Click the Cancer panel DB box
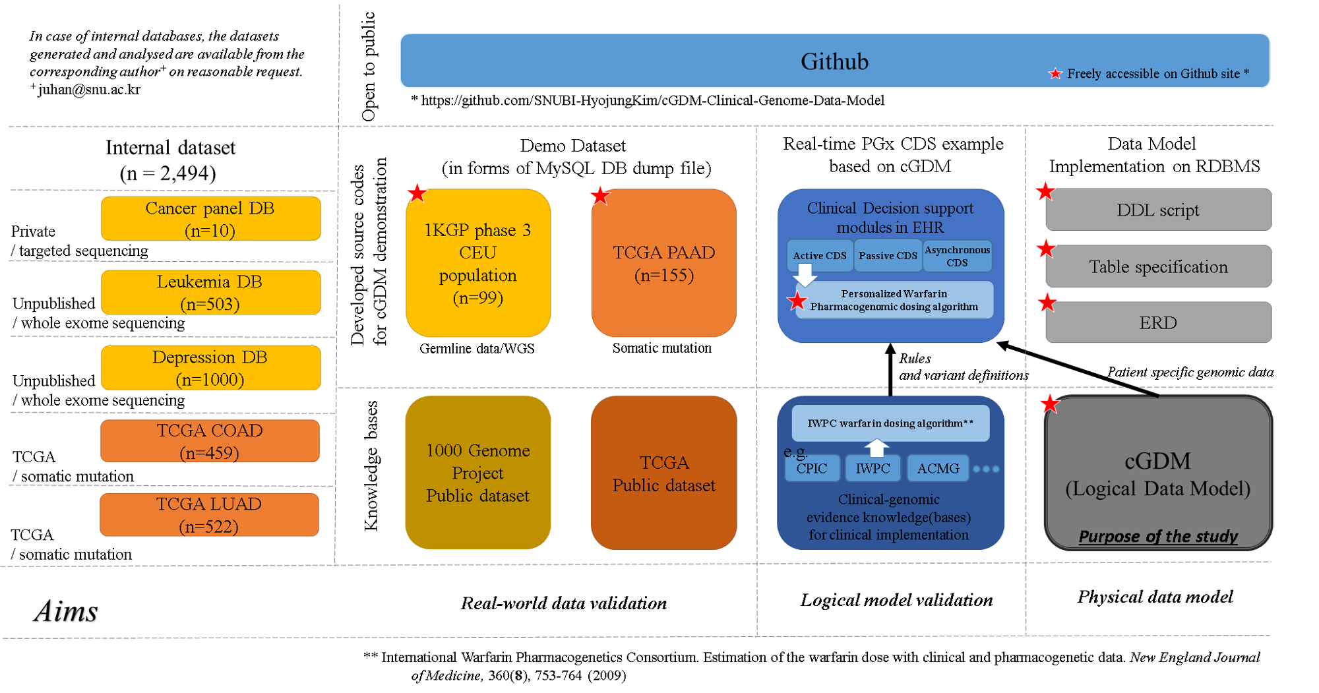click(x=210, y=219)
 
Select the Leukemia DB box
click(x=210, y=293)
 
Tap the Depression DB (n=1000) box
click(x=210, y=368)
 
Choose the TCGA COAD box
click(x=210, y=441)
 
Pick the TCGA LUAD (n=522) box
click(x=209, y=515)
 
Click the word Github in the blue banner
click(x=834, y=61)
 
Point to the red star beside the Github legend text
click(x=1055, y=74)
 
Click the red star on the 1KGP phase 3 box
click(x=417, y=193)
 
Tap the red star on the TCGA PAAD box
click(x=599, y=195)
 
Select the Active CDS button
click(x=820, y=256)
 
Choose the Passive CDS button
click(x=888, y=256)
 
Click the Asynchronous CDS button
click(x=957, y=256)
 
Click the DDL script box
click(x=1158, y=210)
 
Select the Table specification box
click(x=1158, y=267)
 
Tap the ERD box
click(x=1158, y=323)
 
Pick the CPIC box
click(x=812, y=469)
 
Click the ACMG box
click(x=938, y=469)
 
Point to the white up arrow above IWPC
click(x=876, y=448)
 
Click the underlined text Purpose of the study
click(x=1158, y=537)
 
